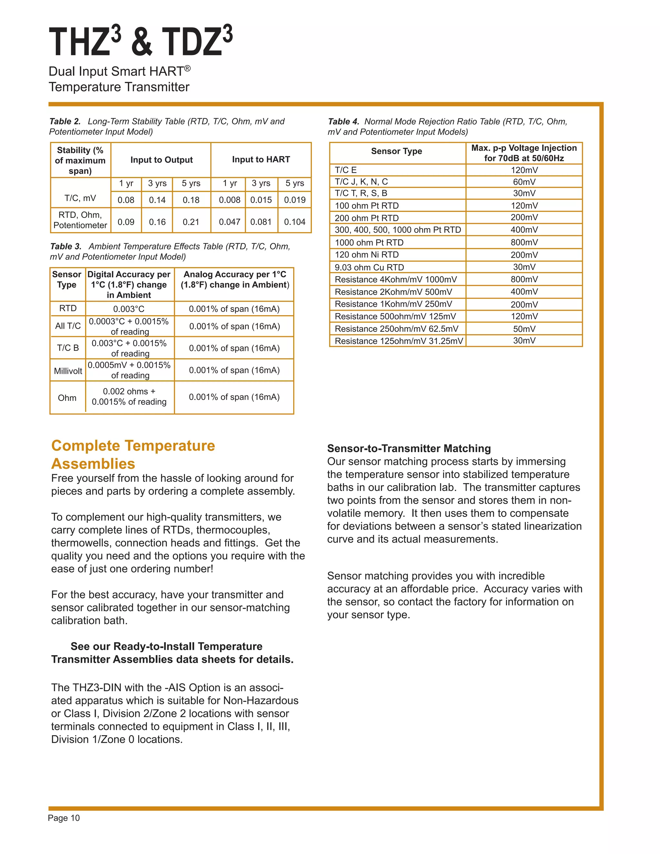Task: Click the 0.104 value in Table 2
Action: tap(295, 222)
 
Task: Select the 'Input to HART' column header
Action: tap(261, 160)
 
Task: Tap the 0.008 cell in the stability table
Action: tap(229, 200)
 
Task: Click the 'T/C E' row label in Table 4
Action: tap(346, 170)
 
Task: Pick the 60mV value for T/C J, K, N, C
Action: tap(524, 182)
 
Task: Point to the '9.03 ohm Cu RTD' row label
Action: tap(369, 267)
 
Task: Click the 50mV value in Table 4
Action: tap(524, 329)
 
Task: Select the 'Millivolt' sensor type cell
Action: tap(68, 371)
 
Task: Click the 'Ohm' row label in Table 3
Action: tap(67, 398)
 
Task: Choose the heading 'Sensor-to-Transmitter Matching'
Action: tap(409, 449)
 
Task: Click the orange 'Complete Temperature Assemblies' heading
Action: tap(133, 454)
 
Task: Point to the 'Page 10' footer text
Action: tap(64, 818)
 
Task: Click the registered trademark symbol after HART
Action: tap(187, 68)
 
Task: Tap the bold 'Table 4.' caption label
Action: tap(343, 121)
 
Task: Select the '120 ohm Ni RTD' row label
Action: tap(366, 255)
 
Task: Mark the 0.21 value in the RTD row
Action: tap(191, 222)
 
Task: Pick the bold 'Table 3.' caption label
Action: tap(66, 246)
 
